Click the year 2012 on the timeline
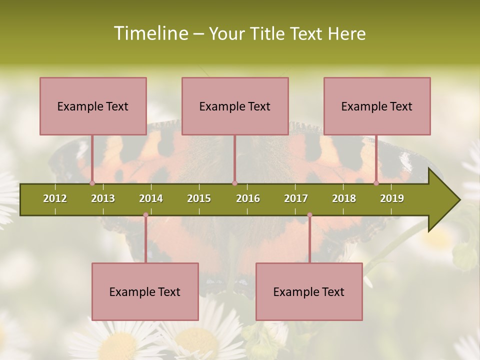pyautogui.click(x=55, y=198)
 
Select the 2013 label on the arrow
pyautogui.click(x=103, y=198)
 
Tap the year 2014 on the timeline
pyautogui.click(x=151, y=198)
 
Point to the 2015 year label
pyautogui.click(x=199, y=198)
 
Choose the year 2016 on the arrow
pyautogui.click(x=248, y=198)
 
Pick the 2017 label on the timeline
pyautogui.click(x=296, y=198)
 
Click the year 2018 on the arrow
pyautogui.click(x=344, y=198)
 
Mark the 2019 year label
pyautogui.click(x=392, y=198)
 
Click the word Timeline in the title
pyautogui.click(x=149, y=33)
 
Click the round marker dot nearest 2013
pyautogui.click(x=92, y=183)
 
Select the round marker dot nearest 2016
pyautogui.click(x=234, y=183)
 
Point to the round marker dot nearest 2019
pyautogui.click(x=376, y=183)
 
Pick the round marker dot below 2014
pyautogui.click(x=145, y=215)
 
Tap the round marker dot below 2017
pyautogui.click(x=309, y=215)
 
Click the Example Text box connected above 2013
pyautogui.click(x=93, y=106)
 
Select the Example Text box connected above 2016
pyautogui.click(x=235, y=106)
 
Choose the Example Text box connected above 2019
pyautogui.click(x=377, y=106)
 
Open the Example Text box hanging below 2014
pyautogui.click(x=145, y=291)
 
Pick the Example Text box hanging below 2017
pyautogui.click(x=309, y=291)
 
